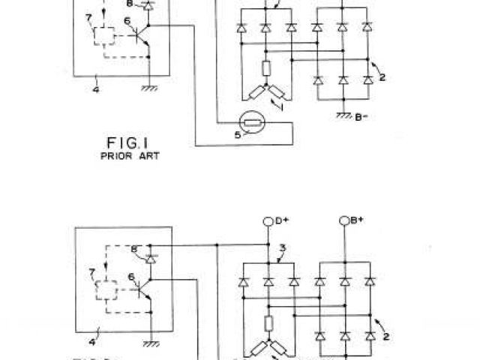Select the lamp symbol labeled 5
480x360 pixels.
(x=249, y=122)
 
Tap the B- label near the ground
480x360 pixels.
(x=362, y=117)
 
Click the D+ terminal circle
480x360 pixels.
(x=268, y=220)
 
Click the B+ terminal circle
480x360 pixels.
(x=344, y=220)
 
